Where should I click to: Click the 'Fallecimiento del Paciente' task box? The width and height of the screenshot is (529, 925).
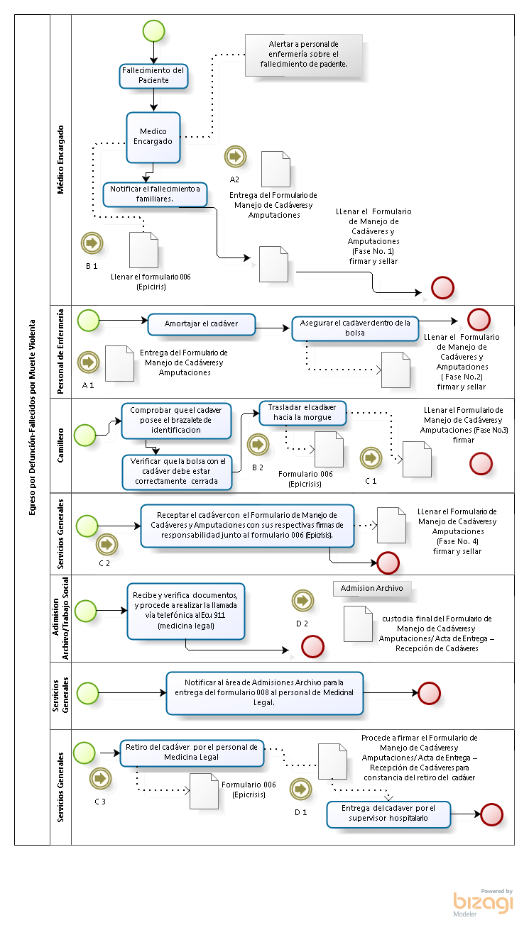click(154, 76)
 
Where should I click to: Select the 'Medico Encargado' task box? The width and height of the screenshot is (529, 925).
click(153, 138)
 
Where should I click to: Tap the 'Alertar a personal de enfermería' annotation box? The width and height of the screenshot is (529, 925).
click(304, 55)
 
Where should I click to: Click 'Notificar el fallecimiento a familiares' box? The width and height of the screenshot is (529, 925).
click(155, 194)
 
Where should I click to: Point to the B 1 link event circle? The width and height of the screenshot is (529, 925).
click(92, 243)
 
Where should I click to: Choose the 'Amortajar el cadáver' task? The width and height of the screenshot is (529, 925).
click(202, 324)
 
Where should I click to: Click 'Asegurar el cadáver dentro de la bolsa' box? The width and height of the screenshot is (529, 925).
click(356, 328)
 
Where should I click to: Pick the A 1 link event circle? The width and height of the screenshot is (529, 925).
click(89, 362)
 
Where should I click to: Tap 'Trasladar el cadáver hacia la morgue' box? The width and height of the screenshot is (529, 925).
click(302, 413)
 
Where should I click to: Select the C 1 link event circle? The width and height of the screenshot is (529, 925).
click(371, 458)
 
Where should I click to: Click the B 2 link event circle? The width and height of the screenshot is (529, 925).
click(258, 444)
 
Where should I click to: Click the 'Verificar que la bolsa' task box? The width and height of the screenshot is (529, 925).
click(178, 472)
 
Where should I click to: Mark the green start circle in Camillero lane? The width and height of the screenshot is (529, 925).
click(85, 436)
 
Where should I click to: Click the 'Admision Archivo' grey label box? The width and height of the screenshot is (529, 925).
click(372, 589)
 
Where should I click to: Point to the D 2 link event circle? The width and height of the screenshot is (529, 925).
click(303, 600)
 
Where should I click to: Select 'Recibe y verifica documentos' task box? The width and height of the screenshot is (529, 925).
click(186, 611)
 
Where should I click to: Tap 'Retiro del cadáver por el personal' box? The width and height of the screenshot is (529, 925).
click(192, 753)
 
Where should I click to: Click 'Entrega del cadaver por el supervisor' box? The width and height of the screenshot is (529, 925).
click(388, 814)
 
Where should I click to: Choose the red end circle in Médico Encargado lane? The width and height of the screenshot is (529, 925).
click(442, 288)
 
